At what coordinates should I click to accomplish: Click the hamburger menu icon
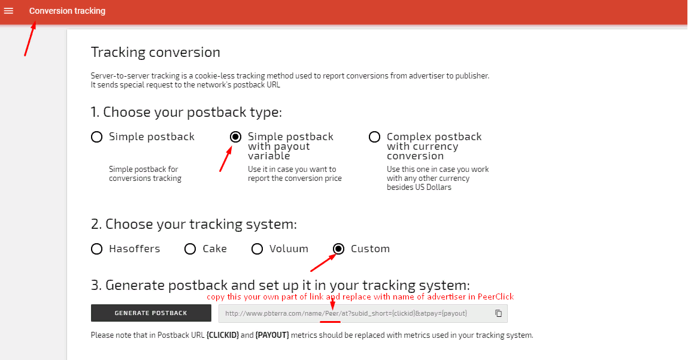click(x=8, y=11)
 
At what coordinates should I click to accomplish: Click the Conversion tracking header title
click(x=67, y=11)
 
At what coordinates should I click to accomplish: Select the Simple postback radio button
click(x=96, y=137)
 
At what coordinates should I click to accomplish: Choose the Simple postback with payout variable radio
click(x=236, y=137)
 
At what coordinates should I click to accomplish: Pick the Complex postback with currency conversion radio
click(x=374, y=137)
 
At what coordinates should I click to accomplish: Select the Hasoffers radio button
click(x=96, y=249)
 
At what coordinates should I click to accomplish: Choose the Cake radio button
click(x=190, y=249)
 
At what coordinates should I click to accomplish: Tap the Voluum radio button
click(x=257, y=249)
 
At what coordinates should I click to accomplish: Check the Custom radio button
click(x=338, y=249)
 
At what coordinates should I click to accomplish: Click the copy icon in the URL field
click(x=498, y=313)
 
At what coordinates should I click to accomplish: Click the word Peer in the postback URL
click(x=332, y=313)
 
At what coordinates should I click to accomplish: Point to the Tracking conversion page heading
click(x=155, y=52)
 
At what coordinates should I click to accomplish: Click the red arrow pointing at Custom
click(x=323, y=262)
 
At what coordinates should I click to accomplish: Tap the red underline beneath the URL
click(x=331, y=322)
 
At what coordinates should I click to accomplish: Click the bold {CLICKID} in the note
click(x=223, y=335)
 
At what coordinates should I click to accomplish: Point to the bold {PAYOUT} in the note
click(x=272, y=335)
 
